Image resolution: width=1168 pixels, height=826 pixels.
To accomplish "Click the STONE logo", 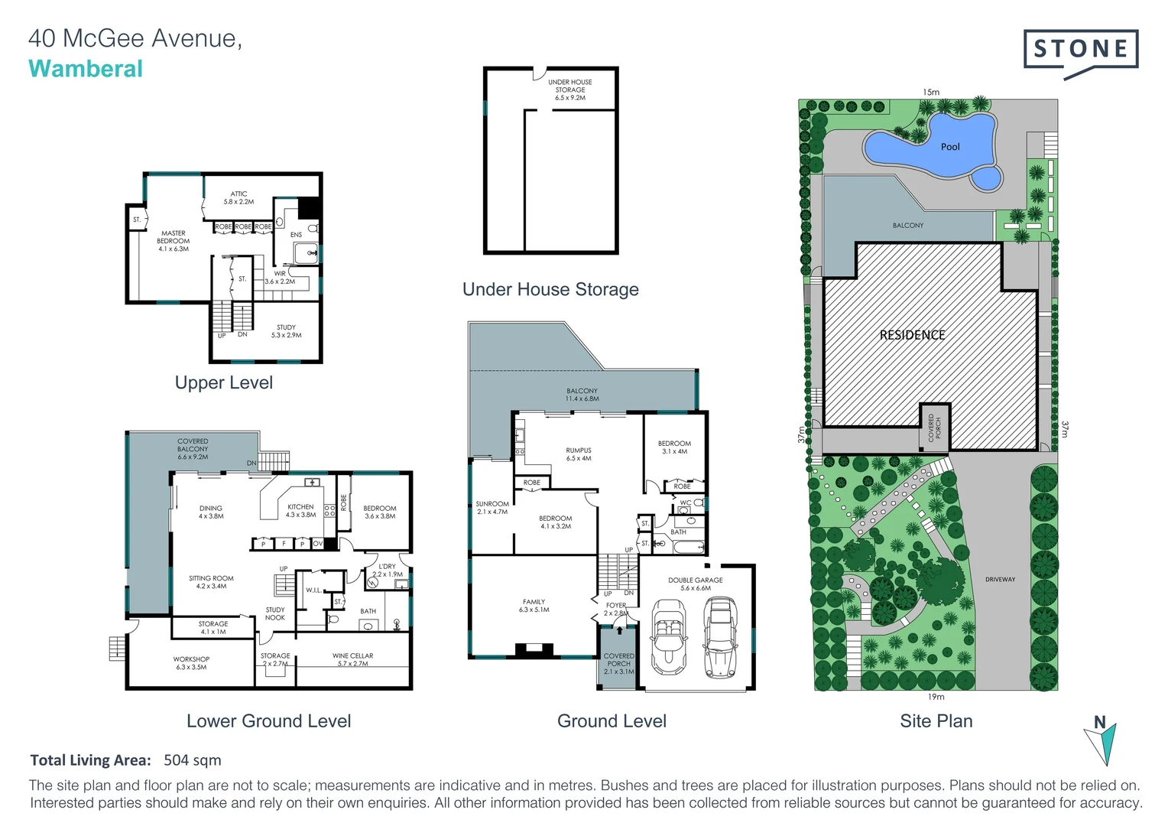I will [1080, 50].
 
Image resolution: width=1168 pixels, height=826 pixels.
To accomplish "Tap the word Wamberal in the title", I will [86, 69].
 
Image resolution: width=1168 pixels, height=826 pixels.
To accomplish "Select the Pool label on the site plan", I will [950, 147].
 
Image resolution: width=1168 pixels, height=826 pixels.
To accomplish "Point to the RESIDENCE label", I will [912, 335].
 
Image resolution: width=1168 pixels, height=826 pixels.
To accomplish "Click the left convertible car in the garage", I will [667, 636].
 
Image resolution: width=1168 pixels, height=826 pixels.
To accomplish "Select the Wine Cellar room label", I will [352, 659].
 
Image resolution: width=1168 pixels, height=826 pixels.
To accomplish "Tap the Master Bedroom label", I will [174, 241].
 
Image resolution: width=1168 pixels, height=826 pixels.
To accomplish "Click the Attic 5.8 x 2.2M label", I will [238, 198].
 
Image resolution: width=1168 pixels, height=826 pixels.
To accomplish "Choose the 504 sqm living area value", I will [193, 760].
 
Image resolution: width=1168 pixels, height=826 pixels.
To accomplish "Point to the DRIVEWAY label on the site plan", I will [1000, 580].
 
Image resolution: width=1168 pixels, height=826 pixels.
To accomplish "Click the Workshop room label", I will [191, 663].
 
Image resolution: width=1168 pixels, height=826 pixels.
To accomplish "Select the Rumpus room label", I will [579, 454].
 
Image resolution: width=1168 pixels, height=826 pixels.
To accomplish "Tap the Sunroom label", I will [492, 508].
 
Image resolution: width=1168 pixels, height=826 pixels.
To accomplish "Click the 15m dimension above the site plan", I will [930, 93].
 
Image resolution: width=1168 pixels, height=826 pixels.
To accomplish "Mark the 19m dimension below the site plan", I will [936, 697].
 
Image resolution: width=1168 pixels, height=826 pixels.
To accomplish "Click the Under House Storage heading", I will [550, 289].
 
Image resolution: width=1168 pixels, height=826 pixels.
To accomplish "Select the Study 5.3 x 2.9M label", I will [286, 331].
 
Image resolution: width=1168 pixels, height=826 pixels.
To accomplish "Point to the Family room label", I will [534, 606].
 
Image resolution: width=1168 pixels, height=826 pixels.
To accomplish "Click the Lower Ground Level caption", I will [268, 721].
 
